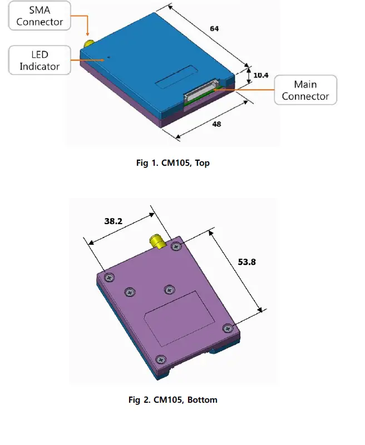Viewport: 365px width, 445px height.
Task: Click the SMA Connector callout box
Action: pos(40,16)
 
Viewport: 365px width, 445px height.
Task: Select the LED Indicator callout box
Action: pos(40,61)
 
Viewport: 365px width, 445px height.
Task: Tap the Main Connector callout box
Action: pos(305,90)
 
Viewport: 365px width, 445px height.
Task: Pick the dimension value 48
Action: pos(216,123)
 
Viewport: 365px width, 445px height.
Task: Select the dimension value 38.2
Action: pos(114,220)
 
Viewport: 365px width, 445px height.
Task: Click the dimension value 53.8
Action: pos(246,261)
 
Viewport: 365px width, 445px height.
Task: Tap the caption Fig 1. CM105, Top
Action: pos(172,163)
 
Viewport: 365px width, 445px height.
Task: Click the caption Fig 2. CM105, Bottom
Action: pos(172,399)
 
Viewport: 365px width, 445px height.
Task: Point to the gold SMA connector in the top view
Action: pos(88,44)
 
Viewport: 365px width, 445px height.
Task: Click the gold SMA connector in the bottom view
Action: pos(156,242)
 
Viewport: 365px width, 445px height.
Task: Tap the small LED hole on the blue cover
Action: pos(109,56)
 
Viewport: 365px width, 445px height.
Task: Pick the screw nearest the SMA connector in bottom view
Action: pos(176,247)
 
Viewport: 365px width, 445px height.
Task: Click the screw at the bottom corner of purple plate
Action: pos(160,359)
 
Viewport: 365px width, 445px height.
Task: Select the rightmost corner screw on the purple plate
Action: pos(227,328)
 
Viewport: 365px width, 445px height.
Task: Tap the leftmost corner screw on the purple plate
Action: pos(108,276)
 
